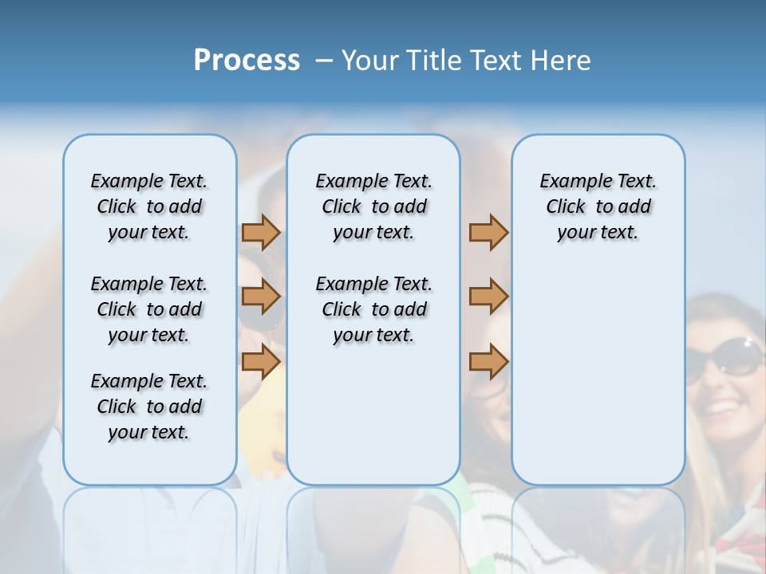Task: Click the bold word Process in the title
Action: coord(247,61)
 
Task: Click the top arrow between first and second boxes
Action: coord(261,232)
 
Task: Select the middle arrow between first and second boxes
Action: coord(261,297)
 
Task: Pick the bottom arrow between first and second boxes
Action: coord(261,362)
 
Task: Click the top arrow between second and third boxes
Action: coord(488,232)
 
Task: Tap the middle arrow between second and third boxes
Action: coord(488,297)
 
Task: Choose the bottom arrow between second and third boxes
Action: coord(488,362)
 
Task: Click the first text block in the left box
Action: coord(149,206)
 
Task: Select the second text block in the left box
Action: coord(149,309)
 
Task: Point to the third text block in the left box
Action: coord(149,407)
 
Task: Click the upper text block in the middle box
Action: coord(373,206)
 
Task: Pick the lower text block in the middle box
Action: coord(373,309)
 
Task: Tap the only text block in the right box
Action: coord(598,206)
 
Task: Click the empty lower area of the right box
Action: coord(598,383)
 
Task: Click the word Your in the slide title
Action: coord(369,61)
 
